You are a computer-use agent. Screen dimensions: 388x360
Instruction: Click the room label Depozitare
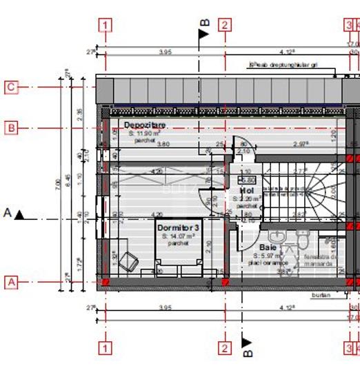tap(145, 125)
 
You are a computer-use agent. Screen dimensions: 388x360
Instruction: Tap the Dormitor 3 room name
tap(178, 227)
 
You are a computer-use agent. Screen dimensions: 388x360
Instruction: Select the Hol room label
tap(246, 190)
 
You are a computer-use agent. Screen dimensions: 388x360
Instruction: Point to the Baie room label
tap(268, 246)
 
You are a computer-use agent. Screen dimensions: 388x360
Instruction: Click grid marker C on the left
tap(10, 87)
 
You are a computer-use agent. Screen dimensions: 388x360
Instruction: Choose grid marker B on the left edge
tap(10, 127)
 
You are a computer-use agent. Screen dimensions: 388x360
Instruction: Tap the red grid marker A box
tap(10, 282)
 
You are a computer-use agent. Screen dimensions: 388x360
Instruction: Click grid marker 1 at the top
tap(105, 25)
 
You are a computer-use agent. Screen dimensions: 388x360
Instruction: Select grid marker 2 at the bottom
tap(225, 348)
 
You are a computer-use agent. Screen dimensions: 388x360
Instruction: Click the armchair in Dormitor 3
tap(128, 261)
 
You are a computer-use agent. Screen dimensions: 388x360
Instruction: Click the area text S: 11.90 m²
tap(145, 133)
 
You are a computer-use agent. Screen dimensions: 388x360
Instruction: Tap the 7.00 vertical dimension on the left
tap(59, 185)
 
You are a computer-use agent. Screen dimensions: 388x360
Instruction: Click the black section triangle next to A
tap(20, 215)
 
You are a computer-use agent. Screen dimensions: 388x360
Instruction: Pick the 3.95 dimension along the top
tap(165, 52)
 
